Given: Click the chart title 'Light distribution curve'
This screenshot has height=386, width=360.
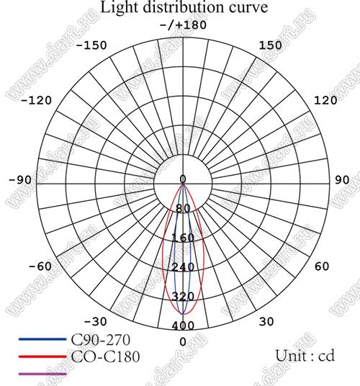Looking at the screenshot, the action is point(184,7).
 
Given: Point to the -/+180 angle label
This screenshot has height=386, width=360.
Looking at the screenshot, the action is point(184,25).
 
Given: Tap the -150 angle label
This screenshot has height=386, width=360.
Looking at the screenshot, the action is point(91,45).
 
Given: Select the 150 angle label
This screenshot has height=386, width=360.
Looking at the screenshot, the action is point(271,45).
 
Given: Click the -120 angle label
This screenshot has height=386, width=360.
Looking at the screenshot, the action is point(37,100).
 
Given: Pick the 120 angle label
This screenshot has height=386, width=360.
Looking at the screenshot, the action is point(325,100).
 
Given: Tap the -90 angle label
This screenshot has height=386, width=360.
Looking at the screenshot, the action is point(20,180).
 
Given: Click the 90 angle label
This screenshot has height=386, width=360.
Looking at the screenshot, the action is point(342,180).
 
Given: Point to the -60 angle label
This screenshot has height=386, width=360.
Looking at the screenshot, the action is point(40,266).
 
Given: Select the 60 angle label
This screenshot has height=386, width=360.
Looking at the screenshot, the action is point(322,266).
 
